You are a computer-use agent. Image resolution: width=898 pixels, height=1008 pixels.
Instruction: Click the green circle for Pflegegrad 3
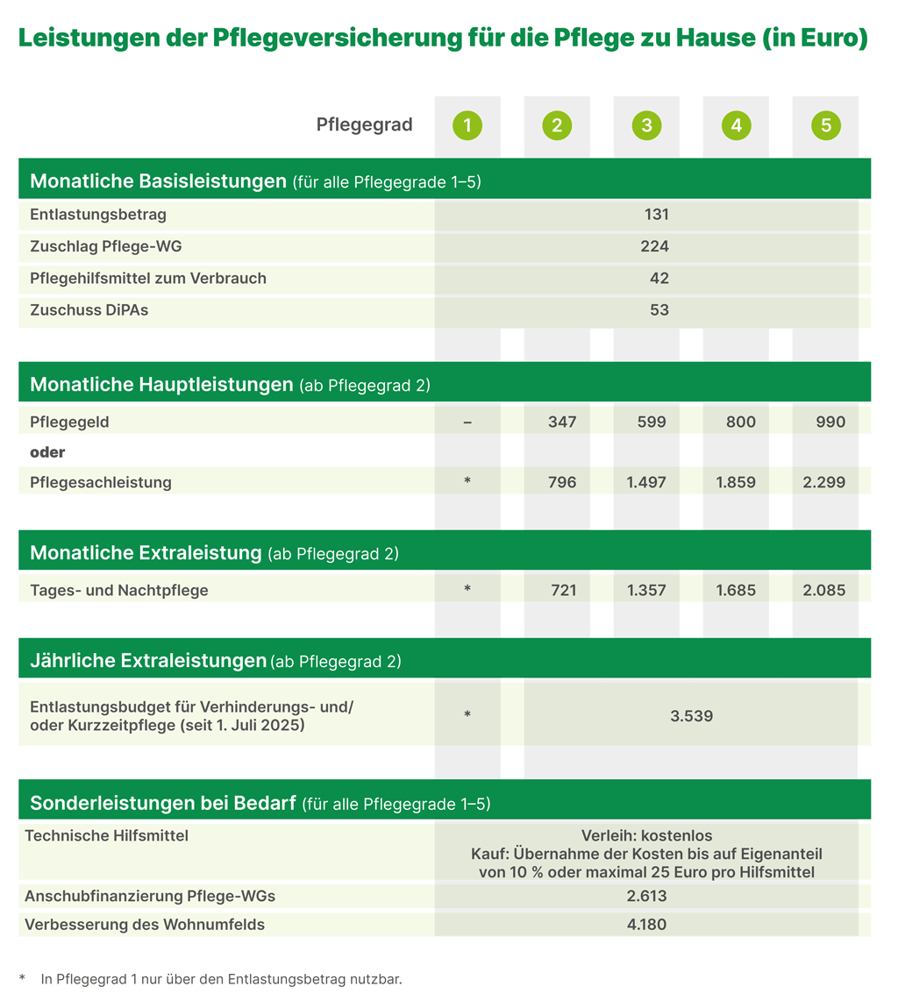pos(646,125)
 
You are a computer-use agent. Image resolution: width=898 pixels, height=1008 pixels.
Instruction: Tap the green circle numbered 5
pos(825,125)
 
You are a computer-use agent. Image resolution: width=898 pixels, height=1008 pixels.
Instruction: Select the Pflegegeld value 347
pos(562,422)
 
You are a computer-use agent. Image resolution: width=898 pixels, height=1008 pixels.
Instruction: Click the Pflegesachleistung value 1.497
pos(646,482)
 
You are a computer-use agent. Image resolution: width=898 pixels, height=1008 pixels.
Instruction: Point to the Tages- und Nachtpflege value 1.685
pos(736,591)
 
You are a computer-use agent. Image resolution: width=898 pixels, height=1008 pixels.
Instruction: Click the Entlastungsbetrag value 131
pos(655,215)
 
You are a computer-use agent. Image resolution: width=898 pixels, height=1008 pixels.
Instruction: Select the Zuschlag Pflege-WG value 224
pos(654,246)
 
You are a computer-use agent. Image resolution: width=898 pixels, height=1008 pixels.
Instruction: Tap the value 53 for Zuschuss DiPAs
pos(659,310)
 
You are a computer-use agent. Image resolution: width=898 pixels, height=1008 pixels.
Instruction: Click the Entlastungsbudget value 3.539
pos(691,716)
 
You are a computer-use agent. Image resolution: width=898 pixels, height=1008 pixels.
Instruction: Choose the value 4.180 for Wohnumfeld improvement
pos(646,924)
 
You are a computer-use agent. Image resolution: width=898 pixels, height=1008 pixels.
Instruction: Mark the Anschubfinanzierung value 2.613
pos(646,896)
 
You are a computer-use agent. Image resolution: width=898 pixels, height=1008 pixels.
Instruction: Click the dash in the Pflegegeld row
pos(467,422)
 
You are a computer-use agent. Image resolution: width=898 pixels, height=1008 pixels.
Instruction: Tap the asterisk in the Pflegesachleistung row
pos(467,482)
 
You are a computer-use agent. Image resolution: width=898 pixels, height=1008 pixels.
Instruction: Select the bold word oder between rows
pos(48,452)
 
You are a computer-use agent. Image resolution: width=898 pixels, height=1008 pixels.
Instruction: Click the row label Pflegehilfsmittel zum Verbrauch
pos(147,279)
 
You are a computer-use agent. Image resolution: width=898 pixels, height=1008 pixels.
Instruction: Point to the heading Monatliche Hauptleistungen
pos(161,384)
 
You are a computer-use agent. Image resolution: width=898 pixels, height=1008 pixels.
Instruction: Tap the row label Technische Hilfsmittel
pos(106,836)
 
